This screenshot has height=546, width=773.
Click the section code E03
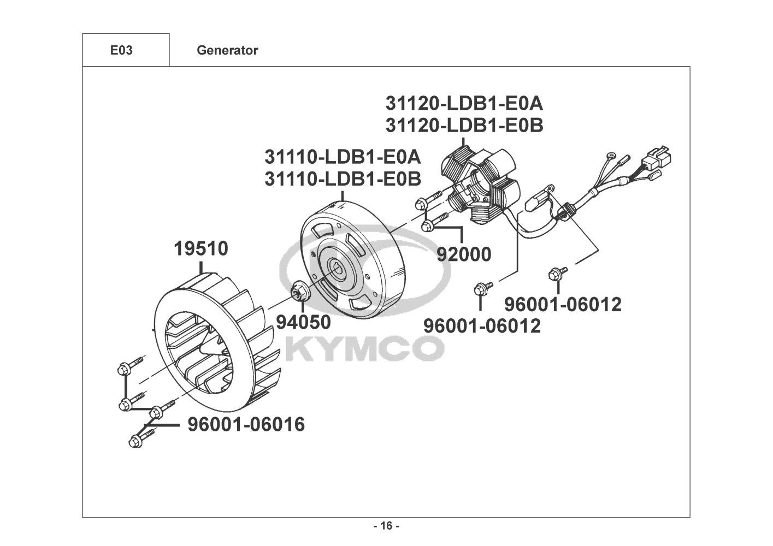[x=121, y=50]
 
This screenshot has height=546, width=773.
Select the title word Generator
[x=227, y=50]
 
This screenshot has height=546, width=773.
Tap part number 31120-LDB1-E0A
[x=464, y=103]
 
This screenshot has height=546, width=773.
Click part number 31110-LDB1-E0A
[x=343, y=157]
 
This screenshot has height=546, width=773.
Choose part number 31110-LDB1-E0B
[x=343, y=179]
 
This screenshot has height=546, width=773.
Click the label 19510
[x=201, y=249]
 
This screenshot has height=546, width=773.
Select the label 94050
[x=303, y=322]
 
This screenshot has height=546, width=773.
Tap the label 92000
[x=463, y=254]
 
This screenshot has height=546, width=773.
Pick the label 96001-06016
[x=246, y=424]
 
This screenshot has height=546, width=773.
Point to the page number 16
[x=386, y=526]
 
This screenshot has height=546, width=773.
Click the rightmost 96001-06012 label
[x=563, y=304]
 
